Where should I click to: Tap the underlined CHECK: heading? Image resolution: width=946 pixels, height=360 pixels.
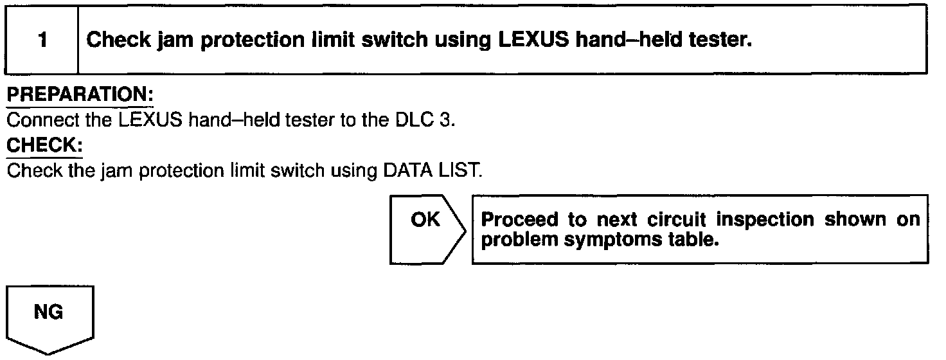point(44,147)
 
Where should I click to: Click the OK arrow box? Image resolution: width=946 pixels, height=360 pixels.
point(427,228)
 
